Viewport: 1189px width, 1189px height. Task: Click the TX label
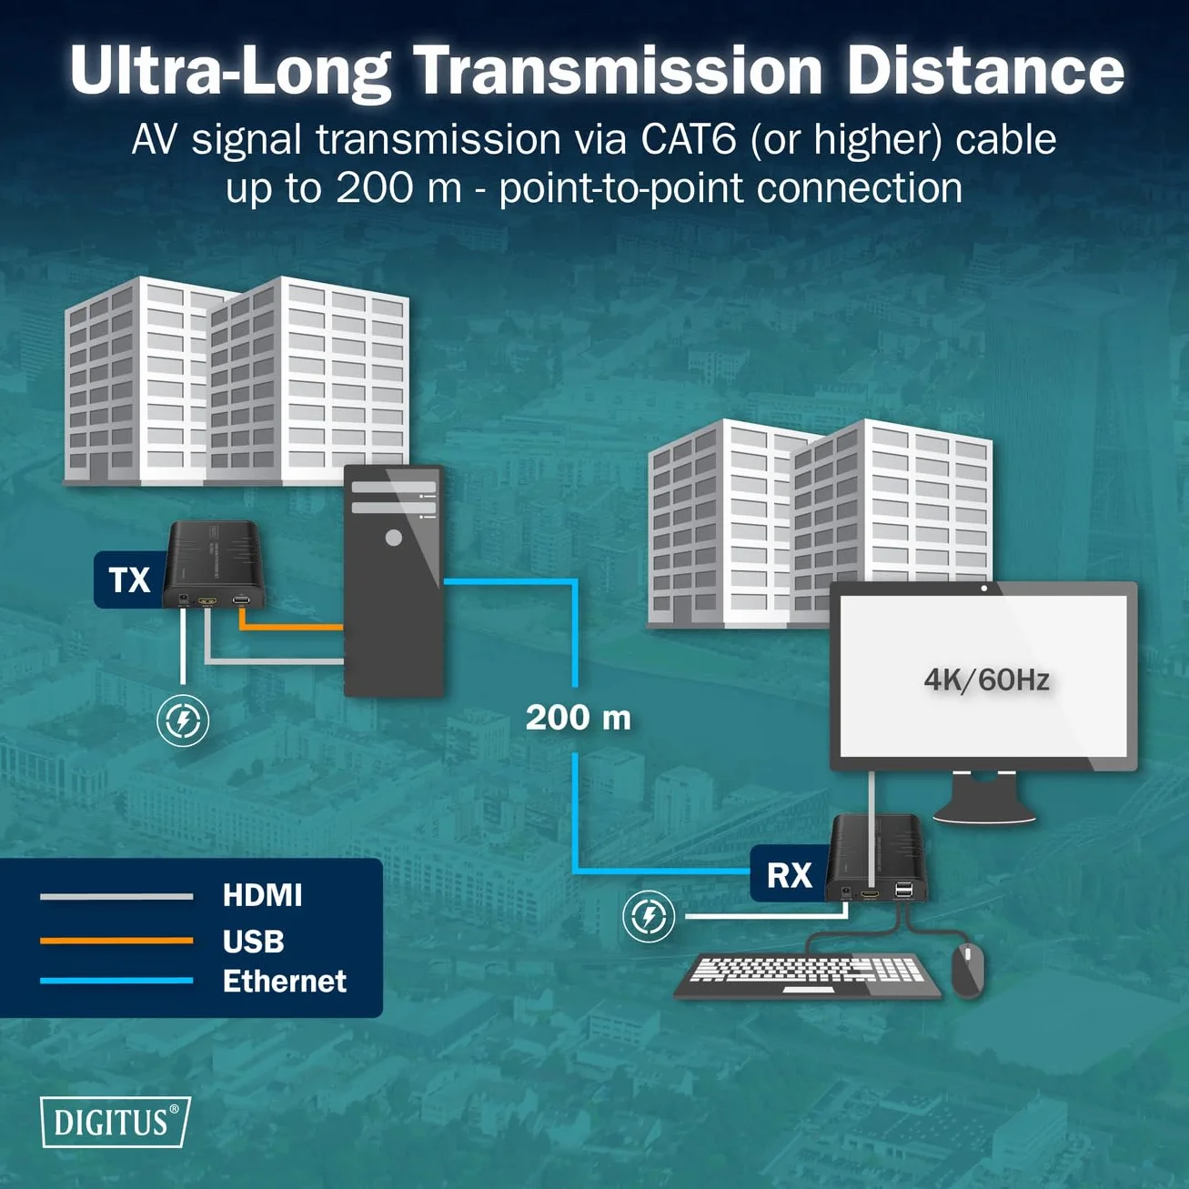(x=129, y=580)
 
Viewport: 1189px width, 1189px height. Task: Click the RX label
(x=789, y=875)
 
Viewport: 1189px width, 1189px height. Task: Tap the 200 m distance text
(x=579, y=718)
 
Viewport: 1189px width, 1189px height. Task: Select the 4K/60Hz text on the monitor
(x=986, y=680)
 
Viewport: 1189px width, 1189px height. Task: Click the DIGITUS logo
(x=116, y=1123)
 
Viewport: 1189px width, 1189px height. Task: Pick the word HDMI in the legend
(x=262, y=895)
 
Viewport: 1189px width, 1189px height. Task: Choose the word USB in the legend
(x=254, y=942)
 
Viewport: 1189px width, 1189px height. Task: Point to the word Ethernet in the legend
(x=285, y=981)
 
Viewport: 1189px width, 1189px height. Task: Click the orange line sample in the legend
(x=116, y=941)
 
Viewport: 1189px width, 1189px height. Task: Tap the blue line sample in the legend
(x=116, y=981)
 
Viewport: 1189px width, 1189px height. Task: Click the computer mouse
(x=968, y=970)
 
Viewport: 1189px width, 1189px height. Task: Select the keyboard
(x=808, y=975)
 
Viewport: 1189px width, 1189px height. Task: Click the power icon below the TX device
(x=183, y=720)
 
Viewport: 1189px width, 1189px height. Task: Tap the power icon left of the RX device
(x=649, y=917)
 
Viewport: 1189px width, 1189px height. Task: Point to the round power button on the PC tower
(x=394, y=538)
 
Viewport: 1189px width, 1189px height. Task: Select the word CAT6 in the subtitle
(x=689, y=139)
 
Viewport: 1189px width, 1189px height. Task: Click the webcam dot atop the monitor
(x=983, y=589)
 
